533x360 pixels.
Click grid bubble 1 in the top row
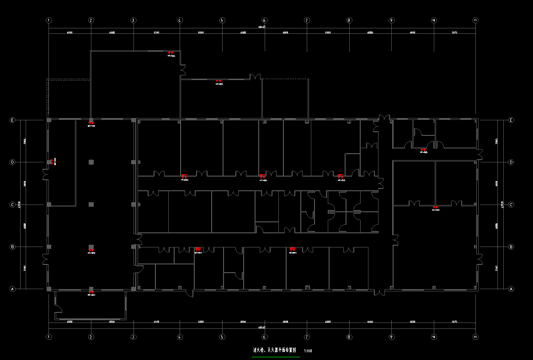coord(49,20)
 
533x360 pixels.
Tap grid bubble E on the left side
coord(13,120)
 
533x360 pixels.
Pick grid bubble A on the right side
coord(511,289)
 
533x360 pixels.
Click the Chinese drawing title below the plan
coord(275,350)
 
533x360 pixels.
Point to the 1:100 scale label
coord(308,351)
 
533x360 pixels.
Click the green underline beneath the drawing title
coord(276,356)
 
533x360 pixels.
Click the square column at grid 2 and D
coord(91,162)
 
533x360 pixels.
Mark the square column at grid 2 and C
coord(91,204)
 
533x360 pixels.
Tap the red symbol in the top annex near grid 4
coord(171,53)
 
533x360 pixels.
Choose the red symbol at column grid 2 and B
coord(91,250)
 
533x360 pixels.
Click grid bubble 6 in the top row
coord(264,20)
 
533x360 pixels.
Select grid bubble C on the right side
coord(511,204)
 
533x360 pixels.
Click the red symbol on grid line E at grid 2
coord(91,123)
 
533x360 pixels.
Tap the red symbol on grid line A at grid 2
coord(91,291)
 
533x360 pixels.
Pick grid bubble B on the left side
coord(13,247)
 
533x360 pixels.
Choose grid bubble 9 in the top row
coord(391,20)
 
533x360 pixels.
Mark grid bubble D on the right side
coord(511,162)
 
